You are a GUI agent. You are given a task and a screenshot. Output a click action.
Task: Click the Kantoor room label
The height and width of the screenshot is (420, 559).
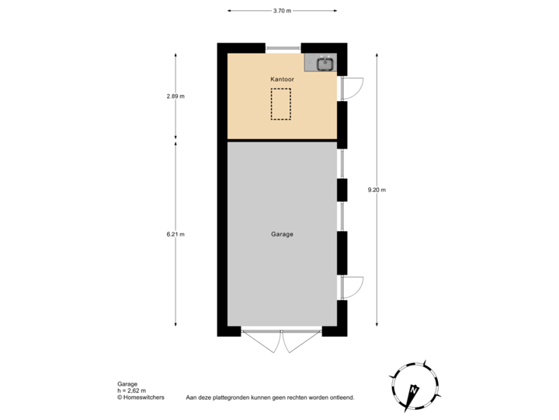coord(282,79)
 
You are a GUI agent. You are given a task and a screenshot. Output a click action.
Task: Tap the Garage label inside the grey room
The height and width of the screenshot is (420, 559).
coord(282,233)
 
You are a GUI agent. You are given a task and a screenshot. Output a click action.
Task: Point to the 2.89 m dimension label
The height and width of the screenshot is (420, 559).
coord(175,96)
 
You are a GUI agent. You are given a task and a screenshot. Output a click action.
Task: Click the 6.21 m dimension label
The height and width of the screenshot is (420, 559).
coord(175,233)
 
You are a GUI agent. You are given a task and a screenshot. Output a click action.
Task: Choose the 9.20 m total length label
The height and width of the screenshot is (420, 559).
coord(377,189)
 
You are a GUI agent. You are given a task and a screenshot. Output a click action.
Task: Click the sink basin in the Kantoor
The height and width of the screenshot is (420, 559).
coord(325,63)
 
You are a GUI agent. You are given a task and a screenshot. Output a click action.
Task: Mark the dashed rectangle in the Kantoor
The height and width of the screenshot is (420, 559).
coord(281,103)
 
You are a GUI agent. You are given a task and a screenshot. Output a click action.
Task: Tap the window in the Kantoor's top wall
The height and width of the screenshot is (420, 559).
coord(283,47)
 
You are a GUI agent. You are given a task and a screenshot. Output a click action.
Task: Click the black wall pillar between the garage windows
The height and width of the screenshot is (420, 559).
coord(342,191)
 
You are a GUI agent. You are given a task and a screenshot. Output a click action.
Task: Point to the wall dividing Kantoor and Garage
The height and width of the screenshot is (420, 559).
coord(282,140)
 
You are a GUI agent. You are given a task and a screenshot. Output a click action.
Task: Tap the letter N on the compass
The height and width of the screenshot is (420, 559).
coord(414,389)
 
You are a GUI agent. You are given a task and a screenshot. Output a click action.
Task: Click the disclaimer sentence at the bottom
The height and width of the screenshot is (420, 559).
coord(269,397)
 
